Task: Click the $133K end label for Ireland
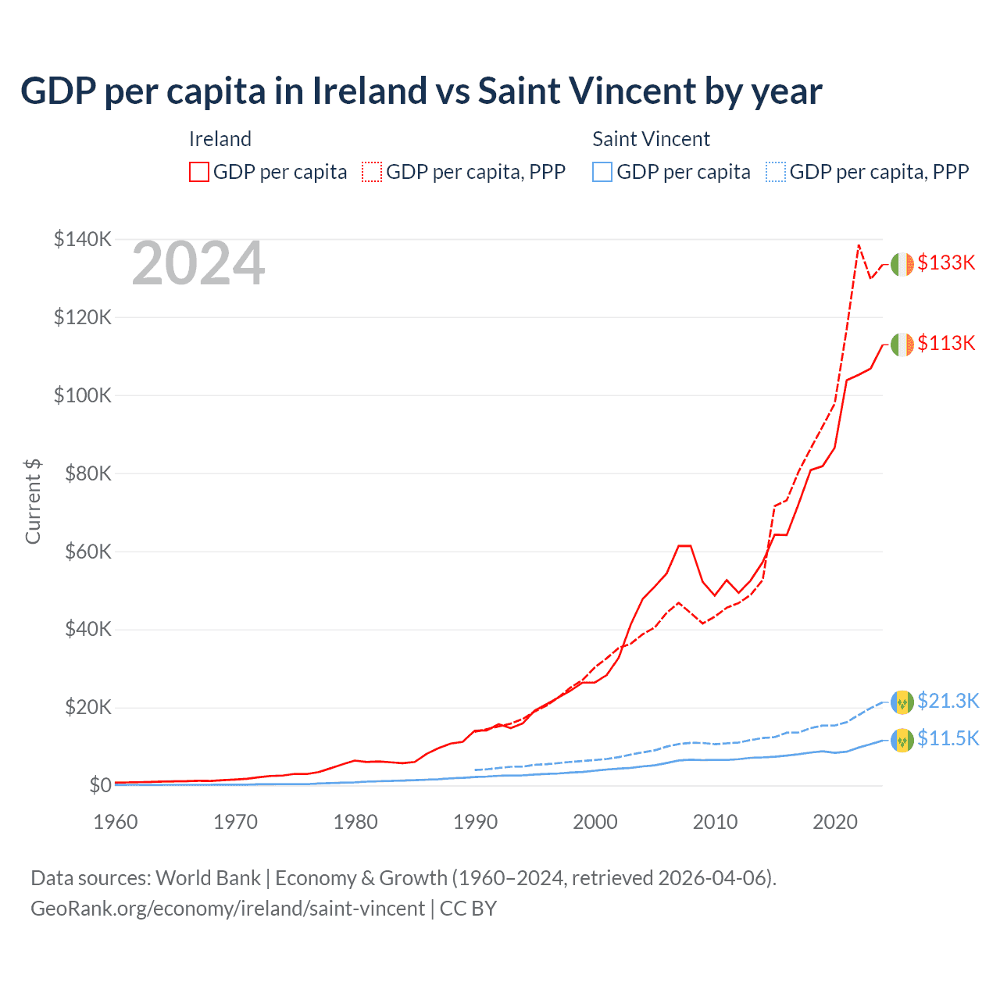[946, 263]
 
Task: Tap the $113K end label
[946, 344]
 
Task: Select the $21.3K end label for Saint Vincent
[948, 702]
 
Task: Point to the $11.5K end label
[948, 739]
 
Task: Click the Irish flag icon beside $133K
[902, 264]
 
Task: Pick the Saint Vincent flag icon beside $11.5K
[902, 740]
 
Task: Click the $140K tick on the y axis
[82, 239]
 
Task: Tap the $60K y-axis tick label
[87, 552]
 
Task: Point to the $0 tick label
[99, 786]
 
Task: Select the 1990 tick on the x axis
[475, 822]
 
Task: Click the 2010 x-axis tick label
[715, 822]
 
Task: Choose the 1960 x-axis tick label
[116, 822]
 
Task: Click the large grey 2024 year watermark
[198, 264]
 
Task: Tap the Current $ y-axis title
[33, 501]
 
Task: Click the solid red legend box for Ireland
[199, 172]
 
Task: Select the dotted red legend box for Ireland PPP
[372, 172]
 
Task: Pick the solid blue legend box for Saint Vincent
[602, 172]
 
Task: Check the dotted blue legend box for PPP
[776, 172]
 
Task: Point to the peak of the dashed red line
[859, 245]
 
